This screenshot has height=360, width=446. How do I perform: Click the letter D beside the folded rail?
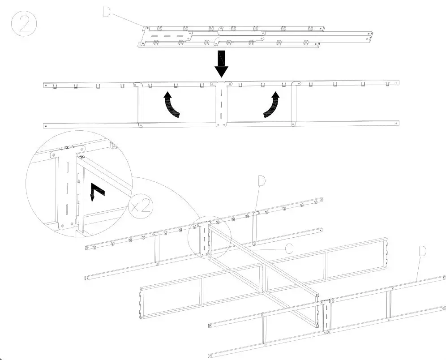click(x=106, y=12)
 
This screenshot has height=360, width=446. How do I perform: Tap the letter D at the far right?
click(x=422, y=251)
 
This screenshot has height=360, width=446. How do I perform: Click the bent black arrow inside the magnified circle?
click(x=96, y=191)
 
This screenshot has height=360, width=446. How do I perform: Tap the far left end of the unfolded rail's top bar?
click(x=45, y=84)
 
